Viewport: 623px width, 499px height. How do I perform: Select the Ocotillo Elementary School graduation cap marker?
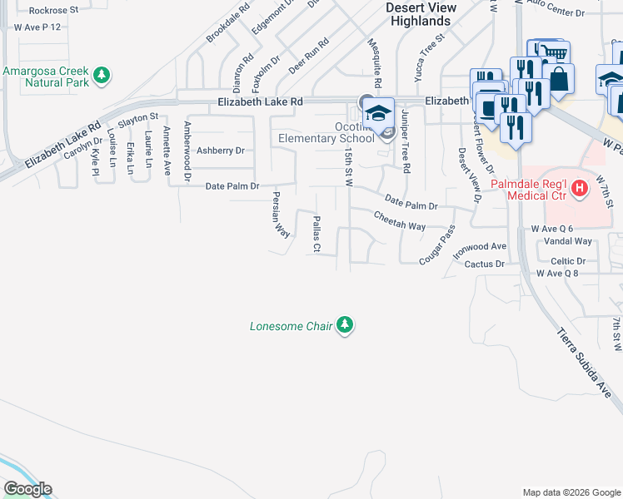380,113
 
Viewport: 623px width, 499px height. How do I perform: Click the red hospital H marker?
580,190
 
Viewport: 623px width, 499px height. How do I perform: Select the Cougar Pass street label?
437,245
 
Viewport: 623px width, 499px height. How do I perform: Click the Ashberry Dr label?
221,151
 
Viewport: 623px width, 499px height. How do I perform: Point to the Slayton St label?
137,121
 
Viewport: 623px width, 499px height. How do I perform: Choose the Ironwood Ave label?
479,249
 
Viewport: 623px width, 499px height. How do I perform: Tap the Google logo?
27,489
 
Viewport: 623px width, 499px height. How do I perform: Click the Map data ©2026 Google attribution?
571,492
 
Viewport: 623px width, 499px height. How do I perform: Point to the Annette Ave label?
167,145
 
